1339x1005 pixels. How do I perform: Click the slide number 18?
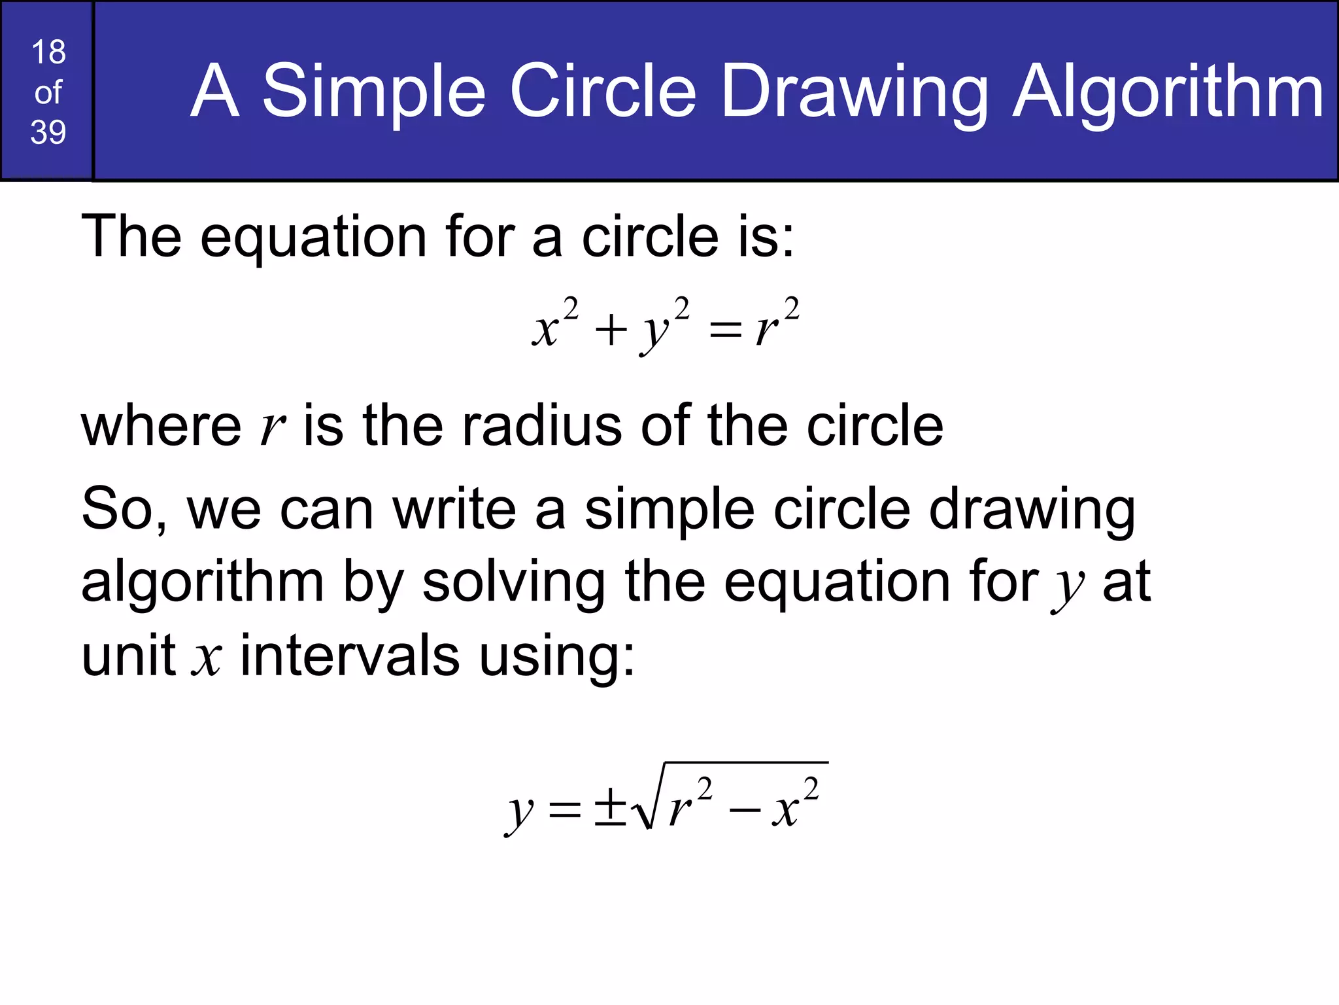(48, 52)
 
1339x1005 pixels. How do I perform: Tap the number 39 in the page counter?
(48, 132)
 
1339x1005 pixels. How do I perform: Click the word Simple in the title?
(374, 92)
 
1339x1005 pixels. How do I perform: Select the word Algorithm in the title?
(1168, 92)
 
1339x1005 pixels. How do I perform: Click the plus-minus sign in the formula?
(609, 808)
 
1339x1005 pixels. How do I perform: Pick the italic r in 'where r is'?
(272, 429)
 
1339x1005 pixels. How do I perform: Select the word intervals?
(350, 656)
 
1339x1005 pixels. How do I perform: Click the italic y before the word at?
(1067, 586)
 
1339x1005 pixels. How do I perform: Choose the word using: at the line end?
(556, 657)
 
